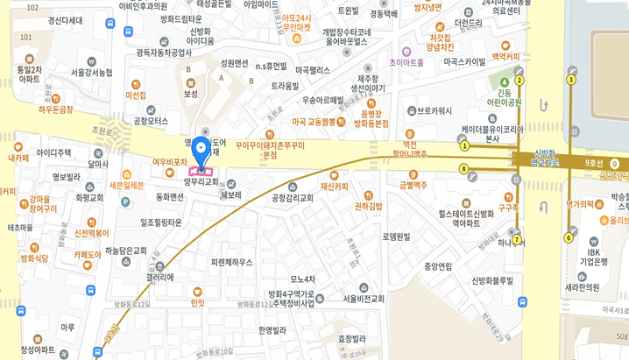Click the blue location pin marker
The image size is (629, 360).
point(201,152)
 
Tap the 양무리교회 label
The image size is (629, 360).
point(201,181)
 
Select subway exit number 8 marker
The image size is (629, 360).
point(463,169)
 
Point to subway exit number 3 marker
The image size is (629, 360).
point(570,80)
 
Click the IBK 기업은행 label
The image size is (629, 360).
point(594,257)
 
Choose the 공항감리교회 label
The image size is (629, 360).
point(292,198)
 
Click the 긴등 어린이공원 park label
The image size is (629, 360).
point(504,97)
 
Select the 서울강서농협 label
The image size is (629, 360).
point(91,73)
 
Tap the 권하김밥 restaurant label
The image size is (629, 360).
point(368,207)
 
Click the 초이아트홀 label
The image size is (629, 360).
point(406,63)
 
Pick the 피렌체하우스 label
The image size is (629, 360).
point(231,262)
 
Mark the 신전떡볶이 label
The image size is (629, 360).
point(91,234)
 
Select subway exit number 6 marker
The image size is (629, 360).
point(568,237)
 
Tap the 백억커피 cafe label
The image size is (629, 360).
point(505,56)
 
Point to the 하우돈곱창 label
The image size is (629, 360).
point(56,109)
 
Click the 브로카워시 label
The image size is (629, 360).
point(434,111)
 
